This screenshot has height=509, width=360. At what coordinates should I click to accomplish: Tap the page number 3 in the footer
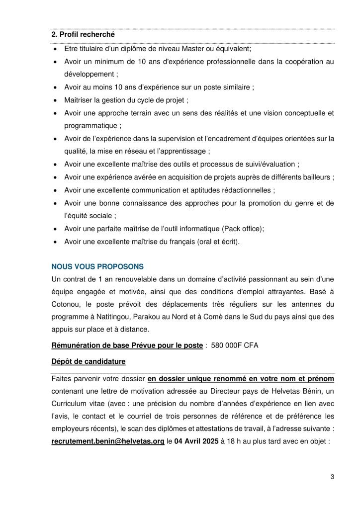tap(332, 477)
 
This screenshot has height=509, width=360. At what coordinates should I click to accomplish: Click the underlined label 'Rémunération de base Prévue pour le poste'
tap(127, 344)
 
